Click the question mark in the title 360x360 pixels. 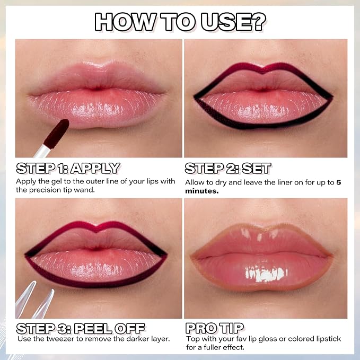click(x=257, y=22)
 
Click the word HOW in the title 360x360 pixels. click(x=125, y=22)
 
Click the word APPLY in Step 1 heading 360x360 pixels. click(x=95, y=168)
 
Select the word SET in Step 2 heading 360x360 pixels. click(x=256, y=168)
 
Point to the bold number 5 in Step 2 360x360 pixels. click(x=339, y=182)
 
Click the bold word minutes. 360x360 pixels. click(x=202, y=191)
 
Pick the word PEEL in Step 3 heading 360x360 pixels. click(x=93, y=329)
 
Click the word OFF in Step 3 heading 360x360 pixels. click(x=129, y=329)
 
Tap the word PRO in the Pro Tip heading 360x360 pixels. click(x=201, y=328)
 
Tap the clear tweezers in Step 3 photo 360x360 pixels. click(x=35, y=300)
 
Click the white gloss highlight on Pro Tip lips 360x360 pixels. click(x=266, y=274)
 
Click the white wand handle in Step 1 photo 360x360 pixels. click(x=42, y=151)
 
